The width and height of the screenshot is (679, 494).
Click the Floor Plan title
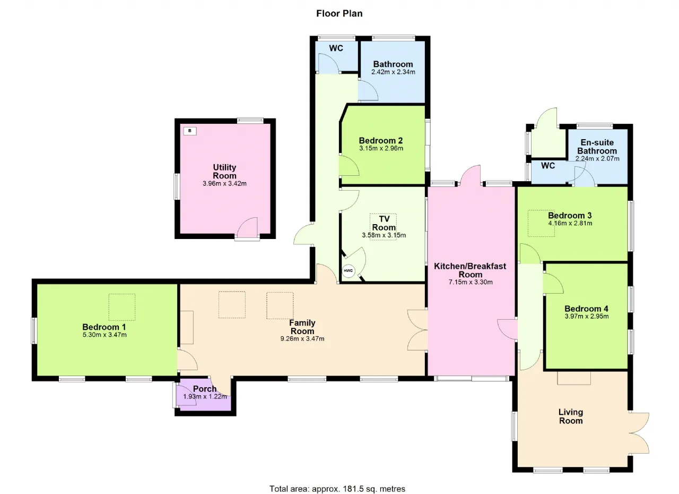tap(339, 14)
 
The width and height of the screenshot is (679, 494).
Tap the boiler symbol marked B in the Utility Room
tap(190, 131)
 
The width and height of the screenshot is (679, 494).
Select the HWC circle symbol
tap(349, 271)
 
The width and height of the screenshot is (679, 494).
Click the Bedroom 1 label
tap(104, 327)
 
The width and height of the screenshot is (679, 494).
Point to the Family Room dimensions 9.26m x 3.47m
tap(302, 339)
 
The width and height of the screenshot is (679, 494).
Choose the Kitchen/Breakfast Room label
tap(470, 270)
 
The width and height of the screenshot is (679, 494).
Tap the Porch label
tap(205, 389)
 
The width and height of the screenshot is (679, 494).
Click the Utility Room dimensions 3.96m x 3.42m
tap(224, 184)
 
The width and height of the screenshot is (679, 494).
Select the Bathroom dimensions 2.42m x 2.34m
tap(393, 72)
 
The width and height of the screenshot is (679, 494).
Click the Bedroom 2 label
tap(381, 140)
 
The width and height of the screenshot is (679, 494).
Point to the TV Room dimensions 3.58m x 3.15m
tap(384, 235)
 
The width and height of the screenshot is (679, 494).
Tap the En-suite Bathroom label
tap(597, 147)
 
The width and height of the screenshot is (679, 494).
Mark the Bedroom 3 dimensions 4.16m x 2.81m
tap(570, 223)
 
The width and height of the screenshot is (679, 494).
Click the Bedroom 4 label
tap(586, 309)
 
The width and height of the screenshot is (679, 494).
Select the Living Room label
tap(571, 416)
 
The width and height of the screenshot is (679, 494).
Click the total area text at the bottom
tap(337, 480)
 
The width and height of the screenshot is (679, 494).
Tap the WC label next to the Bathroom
tap(336, 48)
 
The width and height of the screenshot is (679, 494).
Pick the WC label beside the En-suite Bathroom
tap(548, 166)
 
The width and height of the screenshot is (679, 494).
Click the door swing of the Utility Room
tap(247, 227)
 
